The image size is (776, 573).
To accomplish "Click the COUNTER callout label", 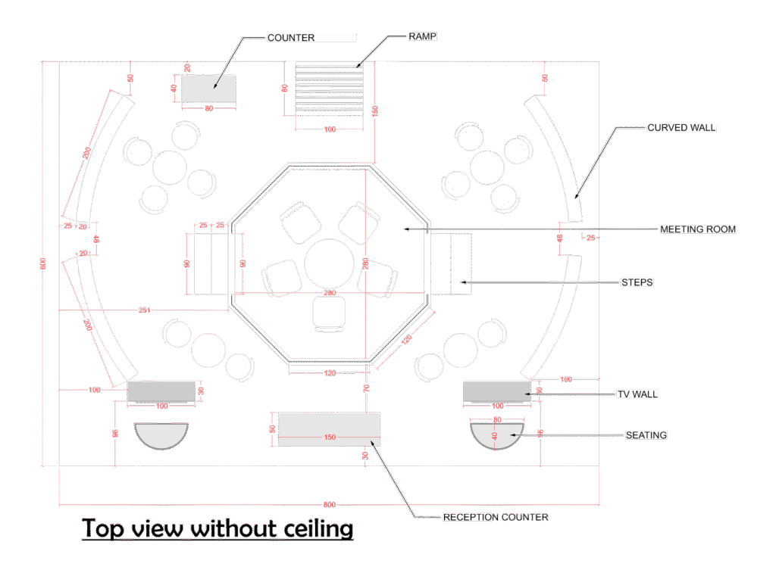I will point(291,37).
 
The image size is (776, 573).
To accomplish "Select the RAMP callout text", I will point(423,36).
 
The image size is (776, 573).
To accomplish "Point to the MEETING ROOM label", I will point(697,229).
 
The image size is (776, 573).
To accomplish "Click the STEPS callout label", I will point(637,282).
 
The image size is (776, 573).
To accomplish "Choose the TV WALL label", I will point(637,394).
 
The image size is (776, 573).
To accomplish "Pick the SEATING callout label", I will point(646,435).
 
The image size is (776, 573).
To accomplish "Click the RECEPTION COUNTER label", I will point(496,517).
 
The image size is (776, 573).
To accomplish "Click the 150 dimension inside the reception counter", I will point(329,437).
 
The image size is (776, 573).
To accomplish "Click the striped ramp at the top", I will point(329,88).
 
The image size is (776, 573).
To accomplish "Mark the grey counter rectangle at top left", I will point(209,89).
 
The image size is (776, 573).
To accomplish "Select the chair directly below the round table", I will point(329,313).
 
